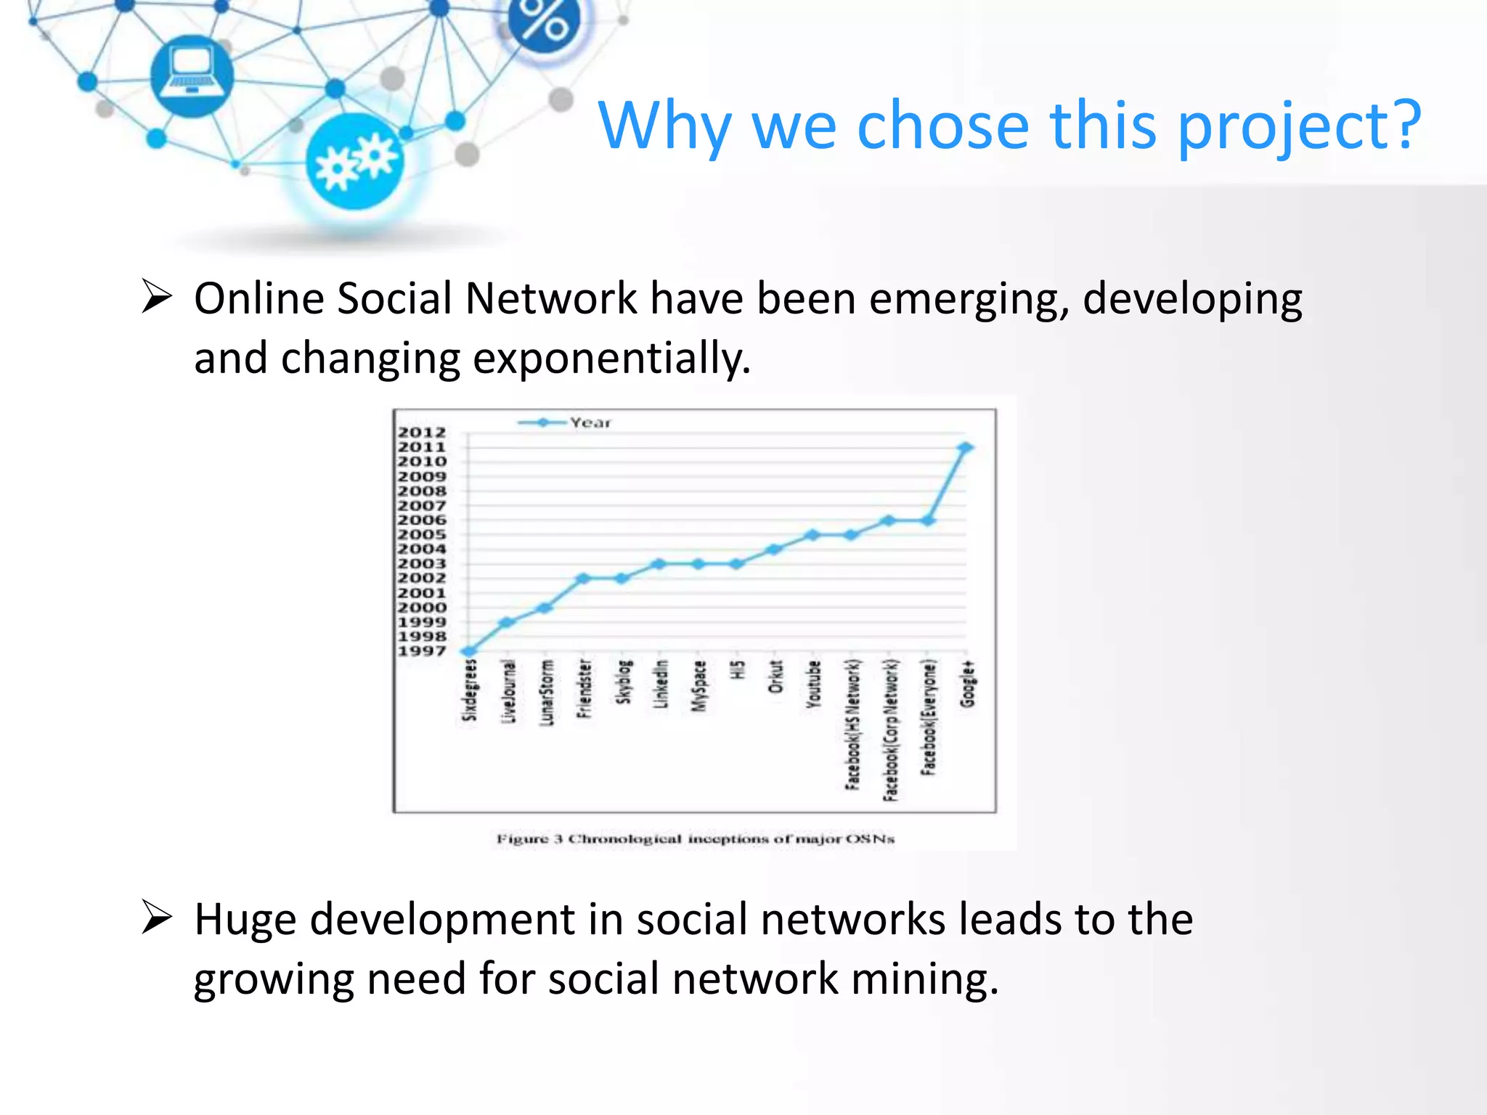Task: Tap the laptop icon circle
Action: tap(192, 75)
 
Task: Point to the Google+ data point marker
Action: tap(965, 448)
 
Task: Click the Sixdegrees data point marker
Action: tap(470, 651)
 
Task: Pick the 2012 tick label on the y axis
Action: tap(422, 433)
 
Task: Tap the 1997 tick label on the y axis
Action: tap(422, 651)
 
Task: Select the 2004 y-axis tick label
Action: tap(422, 550)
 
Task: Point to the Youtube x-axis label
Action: tap(814, 683)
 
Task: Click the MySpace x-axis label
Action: tap(698, 686)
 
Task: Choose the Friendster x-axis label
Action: tap(584, 688)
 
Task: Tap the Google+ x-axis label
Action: tap(967, 683)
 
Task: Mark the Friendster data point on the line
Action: tap(583, 579)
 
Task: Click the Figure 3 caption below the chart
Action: tap(695, 839)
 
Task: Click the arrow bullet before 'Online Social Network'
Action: tap(156, 297)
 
